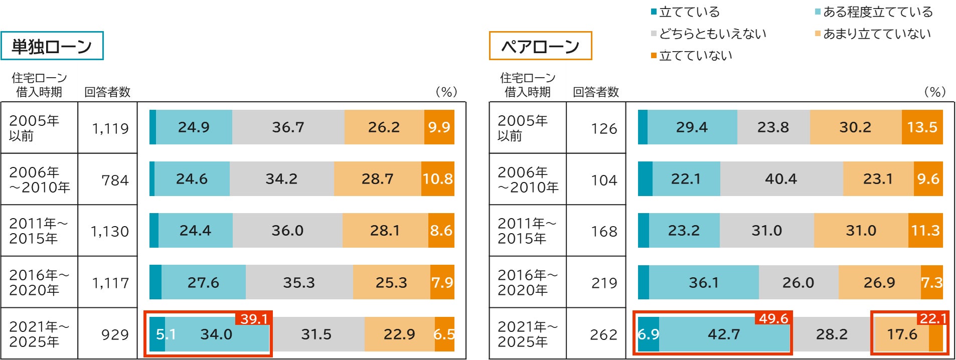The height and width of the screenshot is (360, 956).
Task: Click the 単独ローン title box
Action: coord(52,46)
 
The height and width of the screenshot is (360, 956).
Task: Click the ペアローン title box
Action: coord(540,46)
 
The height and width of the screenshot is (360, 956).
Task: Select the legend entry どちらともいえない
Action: coord(712,34)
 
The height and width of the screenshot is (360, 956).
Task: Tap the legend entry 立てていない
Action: coord(695,56)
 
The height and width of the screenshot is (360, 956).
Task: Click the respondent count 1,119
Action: coord(110,128)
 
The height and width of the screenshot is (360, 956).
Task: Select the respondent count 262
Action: coord(603,334)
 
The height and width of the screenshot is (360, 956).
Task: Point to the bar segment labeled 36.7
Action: coord(288,127)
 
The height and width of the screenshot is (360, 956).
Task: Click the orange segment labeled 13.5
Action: coord(922,127)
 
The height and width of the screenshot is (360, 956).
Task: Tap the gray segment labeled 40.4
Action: coord(781,179)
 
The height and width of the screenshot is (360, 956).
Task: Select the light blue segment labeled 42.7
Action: coord(724,334)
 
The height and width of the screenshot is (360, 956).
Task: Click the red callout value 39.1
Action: coord(254,319)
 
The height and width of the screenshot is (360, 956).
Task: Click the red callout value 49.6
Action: coord(773,318)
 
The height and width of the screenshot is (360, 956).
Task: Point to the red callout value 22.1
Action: coord(932,318)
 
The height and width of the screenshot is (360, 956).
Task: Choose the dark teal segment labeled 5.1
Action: coord(157,334)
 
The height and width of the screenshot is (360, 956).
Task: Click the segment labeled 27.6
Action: coord(203,283)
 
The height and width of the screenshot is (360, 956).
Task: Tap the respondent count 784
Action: coord(115,180)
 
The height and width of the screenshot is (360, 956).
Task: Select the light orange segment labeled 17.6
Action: coord(901,334)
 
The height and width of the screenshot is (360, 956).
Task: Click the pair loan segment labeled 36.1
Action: coord(703,283)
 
